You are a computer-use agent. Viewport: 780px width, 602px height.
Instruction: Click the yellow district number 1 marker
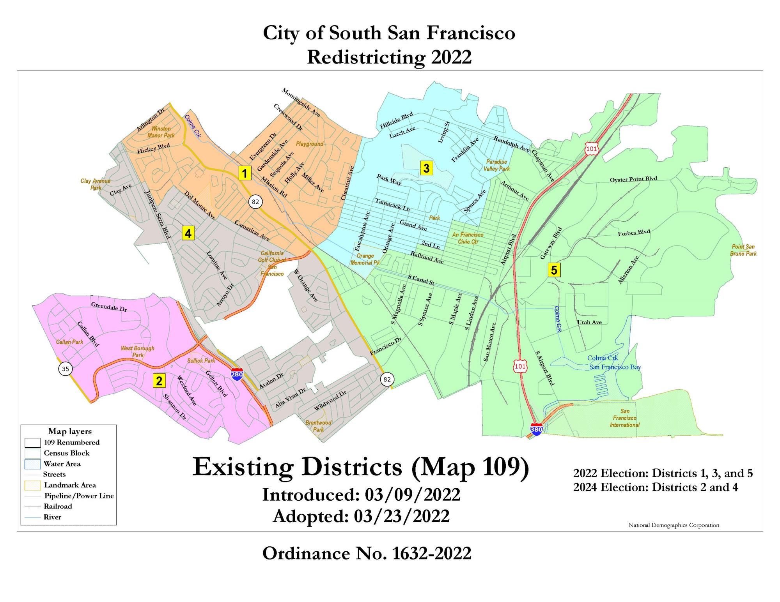(245, 173)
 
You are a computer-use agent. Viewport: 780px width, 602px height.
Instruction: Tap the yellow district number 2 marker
(159, 381)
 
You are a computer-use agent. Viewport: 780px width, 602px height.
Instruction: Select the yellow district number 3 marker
(426, 168)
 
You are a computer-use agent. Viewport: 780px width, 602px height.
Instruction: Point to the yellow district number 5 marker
(554, 270)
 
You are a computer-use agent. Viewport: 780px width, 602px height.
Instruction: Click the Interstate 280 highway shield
(237, 374)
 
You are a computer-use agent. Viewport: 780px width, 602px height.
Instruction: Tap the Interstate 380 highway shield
(536, 429)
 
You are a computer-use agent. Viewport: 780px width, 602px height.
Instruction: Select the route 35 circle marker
(66, 369)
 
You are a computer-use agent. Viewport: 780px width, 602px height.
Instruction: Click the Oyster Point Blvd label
(633, 179)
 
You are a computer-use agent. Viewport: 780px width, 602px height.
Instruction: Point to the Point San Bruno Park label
(743, 250)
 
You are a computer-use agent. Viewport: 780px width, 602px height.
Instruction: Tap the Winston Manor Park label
(161, 132)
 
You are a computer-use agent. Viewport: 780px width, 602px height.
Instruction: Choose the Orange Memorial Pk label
(365, 259)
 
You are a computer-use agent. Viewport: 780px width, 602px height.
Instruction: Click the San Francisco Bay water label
(615, 367)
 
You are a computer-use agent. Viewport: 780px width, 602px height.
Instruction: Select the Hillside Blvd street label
(396, 121)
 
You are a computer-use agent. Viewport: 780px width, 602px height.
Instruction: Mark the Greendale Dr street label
(109, 307)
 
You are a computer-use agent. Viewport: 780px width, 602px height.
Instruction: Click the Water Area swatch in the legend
(32, 464)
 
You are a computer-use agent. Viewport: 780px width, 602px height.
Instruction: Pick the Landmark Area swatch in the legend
(32, 485)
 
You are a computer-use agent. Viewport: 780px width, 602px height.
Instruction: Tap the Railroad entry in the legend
(58, 507)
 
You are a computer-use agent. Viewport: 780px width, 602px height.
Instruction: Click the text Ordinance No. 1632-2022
(367, 553)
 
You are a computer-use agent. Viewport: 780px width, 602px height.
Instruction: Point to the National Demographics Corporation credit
(674, 525)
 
